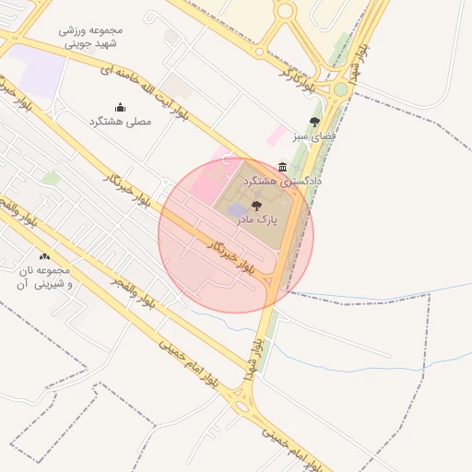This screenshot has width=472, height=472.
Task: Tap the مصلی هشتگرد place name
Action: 119,122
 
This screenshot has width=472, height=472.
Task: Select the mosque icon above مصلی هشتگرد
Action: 119,107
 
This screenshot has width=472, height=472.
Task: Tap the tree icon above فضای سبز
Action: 315,121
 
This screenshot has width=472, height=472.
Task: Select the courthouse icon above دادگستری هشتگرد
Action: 281,167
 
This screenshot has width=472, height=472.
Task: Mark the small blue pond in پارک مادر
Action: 236,213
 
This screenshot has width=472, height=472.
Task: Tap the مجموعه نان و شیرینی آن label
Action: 44,277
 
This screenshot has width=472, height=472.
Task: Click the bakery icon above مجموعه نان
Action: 44,255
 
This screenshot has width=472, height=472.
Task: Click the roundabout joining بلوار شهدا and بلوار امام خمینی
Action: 243,403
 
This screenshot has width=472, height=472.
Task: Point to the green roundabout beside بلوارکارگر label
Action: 340,89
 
